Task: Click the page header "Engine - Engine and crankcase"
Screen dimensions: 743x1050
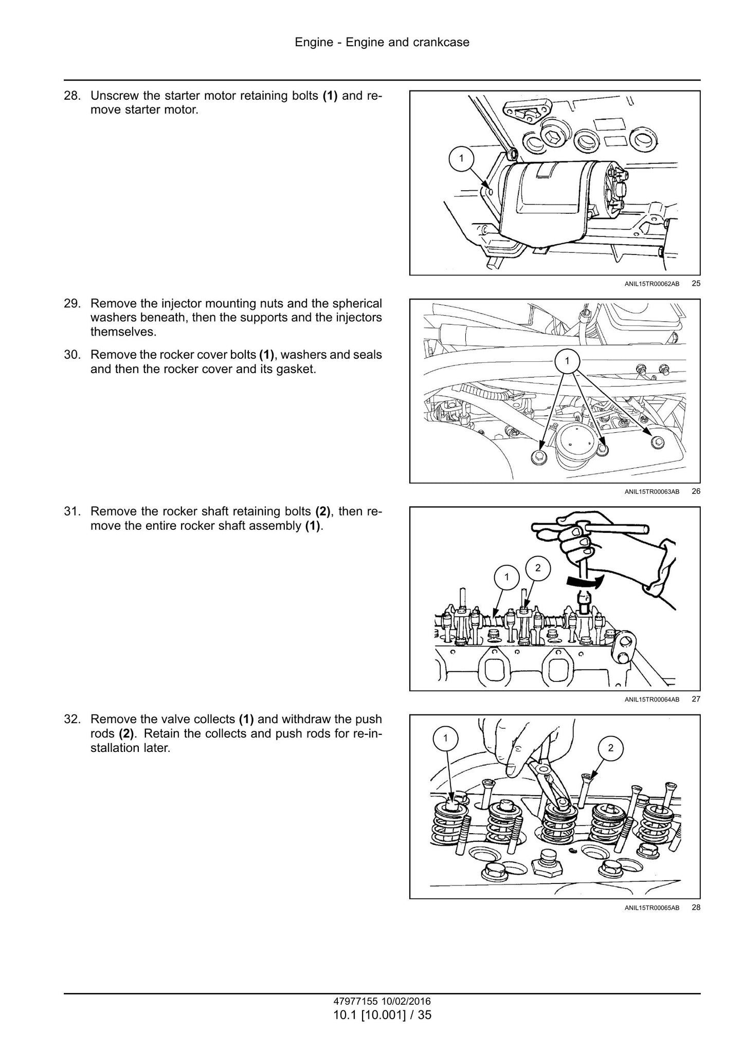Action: pyautogui.click(x=382, y=42)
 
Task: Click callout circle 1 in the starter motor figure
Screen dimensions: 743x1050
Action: pyautogui.click(x=461, y=158)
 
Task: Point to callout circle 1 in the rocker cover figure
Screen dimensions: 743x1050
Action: pyautogui.click(x=567, y=361)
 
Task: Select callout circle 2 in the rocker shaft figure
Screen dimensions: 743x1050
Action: pyautogui.click(x=538, y=568)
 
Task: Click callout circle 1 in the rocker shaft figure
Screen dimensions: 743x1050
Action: pyautogui.click(x=506, y=577)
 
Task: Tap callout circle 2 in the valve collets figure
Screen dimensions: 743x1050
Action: pyautogui.click(x=610, y=748)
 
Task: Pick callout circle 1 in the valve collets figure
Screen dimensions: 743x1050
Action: pyautogui.click(x=445, y=739)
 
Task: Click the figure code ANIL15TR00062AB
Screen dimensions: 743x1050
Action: pyautogui.click(x=652, y=283)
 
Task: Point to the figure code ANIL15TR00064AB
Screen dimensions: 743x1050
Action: pyautogui.click(x=652, y=699)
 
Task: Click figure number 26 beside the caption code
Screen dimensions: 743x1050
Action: pyautogui.click(x=696, y=491)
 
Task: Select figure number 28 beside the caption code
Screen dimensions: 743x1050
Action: pyautogui.click(x=696, y=907)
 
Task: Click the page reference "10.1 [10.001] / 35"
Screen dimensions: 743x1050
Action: pyautogui.click(x=382, y=1015)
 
